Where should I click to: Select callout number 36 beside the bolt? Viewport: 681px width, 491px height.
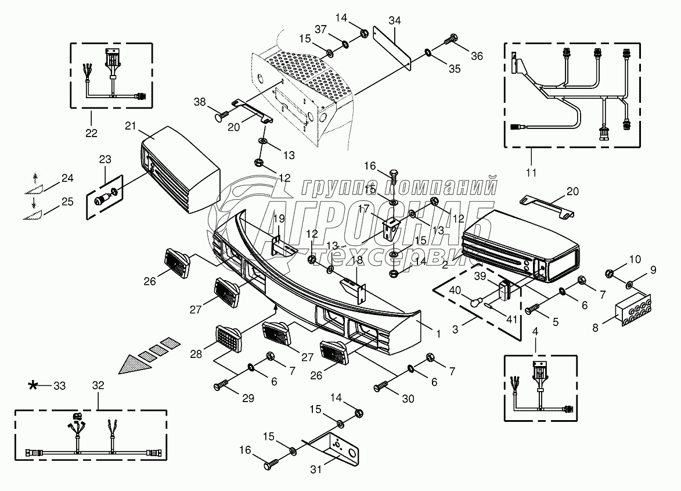coord(477,56)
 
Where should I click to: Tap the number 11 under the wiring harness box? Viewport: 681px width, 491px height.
coord(531,173)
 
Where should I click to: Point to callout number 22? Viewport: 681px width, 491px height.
coord(91,132)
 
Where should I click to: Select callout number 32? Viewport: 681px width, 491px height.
coord(98,385)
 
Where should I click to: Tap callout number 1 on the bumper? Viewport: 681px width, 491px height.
coord(438,334)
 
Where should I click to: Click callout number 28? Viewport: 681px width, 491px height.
coord(196,354)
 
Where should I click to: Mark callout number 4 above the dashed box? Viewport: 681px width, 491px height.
coord(535,333)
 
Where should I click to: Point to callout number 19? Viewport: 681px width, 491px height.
coord(279,218)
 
